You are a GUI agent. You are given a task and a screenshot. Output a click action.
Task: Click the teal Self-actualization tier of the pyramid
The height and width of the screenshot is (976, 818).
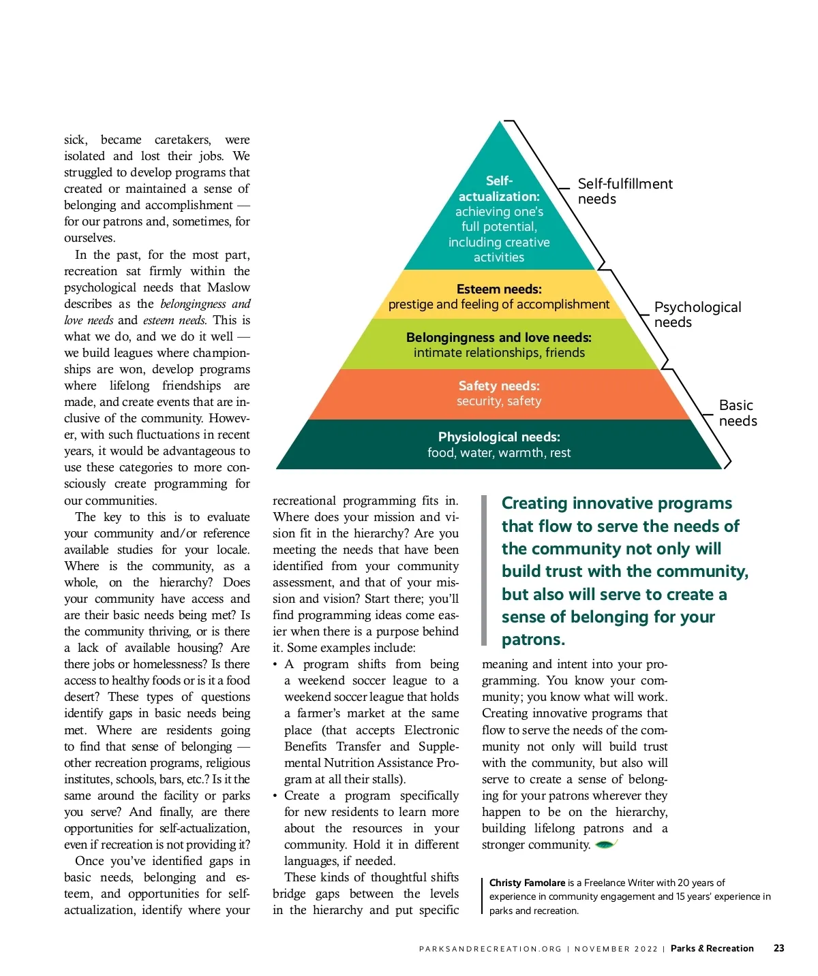[x=499, y=218]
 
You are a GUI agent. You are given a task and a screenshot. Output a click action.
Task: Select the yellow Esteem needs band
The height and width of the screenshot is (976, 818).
[x=499, y=296]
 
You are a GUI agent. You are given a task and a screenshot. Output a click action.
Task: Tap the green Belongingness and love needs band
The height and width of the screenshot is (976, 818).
[x=499, y=345]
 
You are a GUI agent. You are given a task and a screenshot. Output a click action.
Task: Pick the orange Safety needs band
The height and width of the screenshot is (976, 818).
[x=499, y=394]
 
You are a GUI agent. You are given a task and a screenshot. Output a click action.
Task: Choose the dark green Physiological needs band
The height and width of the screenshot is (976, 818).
[x=499, y=445]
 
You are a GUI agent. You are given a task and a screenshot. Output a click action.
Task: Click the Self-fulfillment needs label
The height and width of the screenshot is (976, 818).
[x=624, y=191]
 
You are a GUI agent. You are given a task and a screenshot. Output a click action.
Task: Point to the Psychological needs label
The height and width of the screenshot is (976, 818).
[x=697, y=315]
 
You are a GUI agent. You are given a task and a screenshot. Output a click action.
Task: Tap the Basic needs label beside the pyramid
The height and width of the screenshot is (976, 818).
[x=738, y=413]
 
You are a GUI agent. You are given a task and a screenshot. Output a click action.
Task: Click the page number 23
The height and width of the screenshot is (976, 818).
[x=778, y=948]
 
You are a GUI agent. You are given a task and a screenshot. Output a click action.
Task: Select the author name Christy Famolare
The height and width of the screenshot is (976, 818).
[x=527, y=883]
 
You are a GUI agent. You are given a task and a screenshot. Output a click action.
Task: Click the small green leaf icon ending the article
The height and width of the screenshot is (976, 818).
[x=606, y=845]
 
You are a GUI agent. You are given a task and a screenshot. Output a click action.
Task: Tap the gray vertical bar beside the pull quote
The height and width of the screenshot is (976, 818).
[x=484, y=570]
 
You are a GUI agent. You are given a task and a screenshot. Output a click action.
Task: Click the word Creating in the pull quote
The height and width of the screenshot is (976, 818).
[x=534, y=503]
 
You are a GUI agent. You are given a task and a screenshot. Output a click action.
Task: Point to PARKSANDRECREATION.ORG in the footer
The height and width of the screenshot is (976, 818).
[x=490, y=949]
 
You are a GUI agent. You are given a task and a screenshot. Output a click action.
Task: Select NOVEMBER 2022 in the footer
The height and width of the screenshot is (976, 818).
[x=616, y=949]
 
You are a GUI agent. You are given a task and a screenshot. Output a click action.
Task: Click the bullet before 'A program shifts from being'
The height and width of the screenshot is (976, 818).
[x=275, y=665]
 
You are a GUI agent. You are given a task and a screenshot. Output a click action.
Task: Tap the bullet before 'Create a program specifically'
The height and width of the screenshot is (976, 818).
[x=275, y=796]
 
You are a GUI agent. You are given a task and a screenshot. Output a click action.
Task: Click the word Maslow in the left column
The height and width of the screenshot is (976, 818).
[x=228, y=287]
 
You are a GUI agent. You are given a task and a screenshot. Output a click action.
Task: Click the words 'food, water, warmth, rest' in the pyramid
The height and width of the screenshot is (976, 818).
[x=499, y=453]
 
